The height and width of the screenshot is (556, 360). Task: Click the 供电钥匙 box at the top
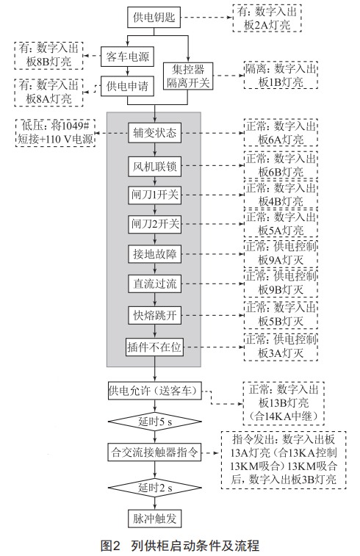pyautogui.click(x=154, y=18)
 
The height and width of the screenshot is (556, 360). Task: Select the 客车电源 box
pyautogui.click(x=127, y=57)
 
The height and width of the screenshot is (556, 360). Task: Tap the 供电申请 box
pyautogui.click(x=127, y=86)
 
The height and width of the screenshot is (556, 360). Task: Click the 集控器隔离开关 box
pyautogui.click(x=188, y=76)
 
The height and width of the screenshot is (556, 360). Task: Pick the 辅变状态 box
pyautogui.click(x=154, y=133)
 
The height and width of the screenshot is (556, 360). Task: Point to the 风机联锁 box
pyautogui.click(x=154, y=166)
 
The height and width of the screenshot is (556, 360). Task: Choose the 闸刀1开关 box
pyautogui.click(x=154, y=195)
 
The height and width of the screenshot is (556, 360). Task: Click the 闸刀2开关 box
pyautogui.click(x=154, y=224)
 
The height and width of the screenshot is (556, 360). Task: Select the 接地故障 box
pyautogui.click(x=154, y=254)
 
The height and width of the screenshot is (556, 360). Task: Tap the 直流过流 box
pyautogui.click(x=154, y=284)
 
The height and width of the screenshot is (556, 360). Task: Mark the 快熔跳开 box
pyautogui.click(x=154, y=315)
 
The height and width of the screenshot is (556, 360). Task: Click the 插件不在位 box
pyautogui.click(x=154, y=347)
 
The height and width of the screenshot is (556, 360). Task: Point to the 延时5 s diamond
pyautogui.click(x=154, y=422)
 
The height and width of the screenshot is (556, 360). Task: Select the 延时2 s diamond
pyautogui.click(x=154, y=488)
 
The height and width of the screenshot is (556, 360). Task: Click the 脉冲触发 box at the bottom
pyautogui.click(x=154, y=519)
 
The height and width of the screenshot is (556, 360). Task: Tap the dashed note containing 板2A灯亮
pyautogui.click(x=267, y=18)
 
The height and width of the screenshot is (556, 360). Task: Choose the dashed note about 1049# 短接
pyautogui.click(x=55, y=133)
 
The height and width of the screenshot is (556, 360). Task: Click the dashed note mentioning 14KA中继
pyautogui.click(x=284, y=403)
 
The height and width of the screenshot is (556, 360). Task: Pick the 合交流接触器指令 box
pyautogui.click(x=154, y=452)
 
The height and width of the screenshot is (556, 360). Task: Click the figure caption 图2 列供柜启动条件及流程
pyautogui.click(x=180, y=545)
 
